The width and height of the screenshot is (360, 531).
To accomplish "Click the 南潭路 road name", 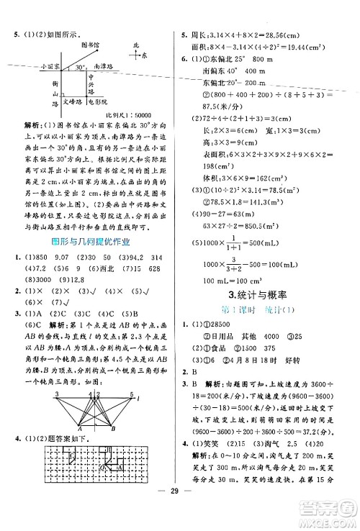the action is tap(105, 65).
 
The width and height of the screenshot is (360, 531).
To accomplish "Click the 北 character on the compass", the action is tap(135, 45).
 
